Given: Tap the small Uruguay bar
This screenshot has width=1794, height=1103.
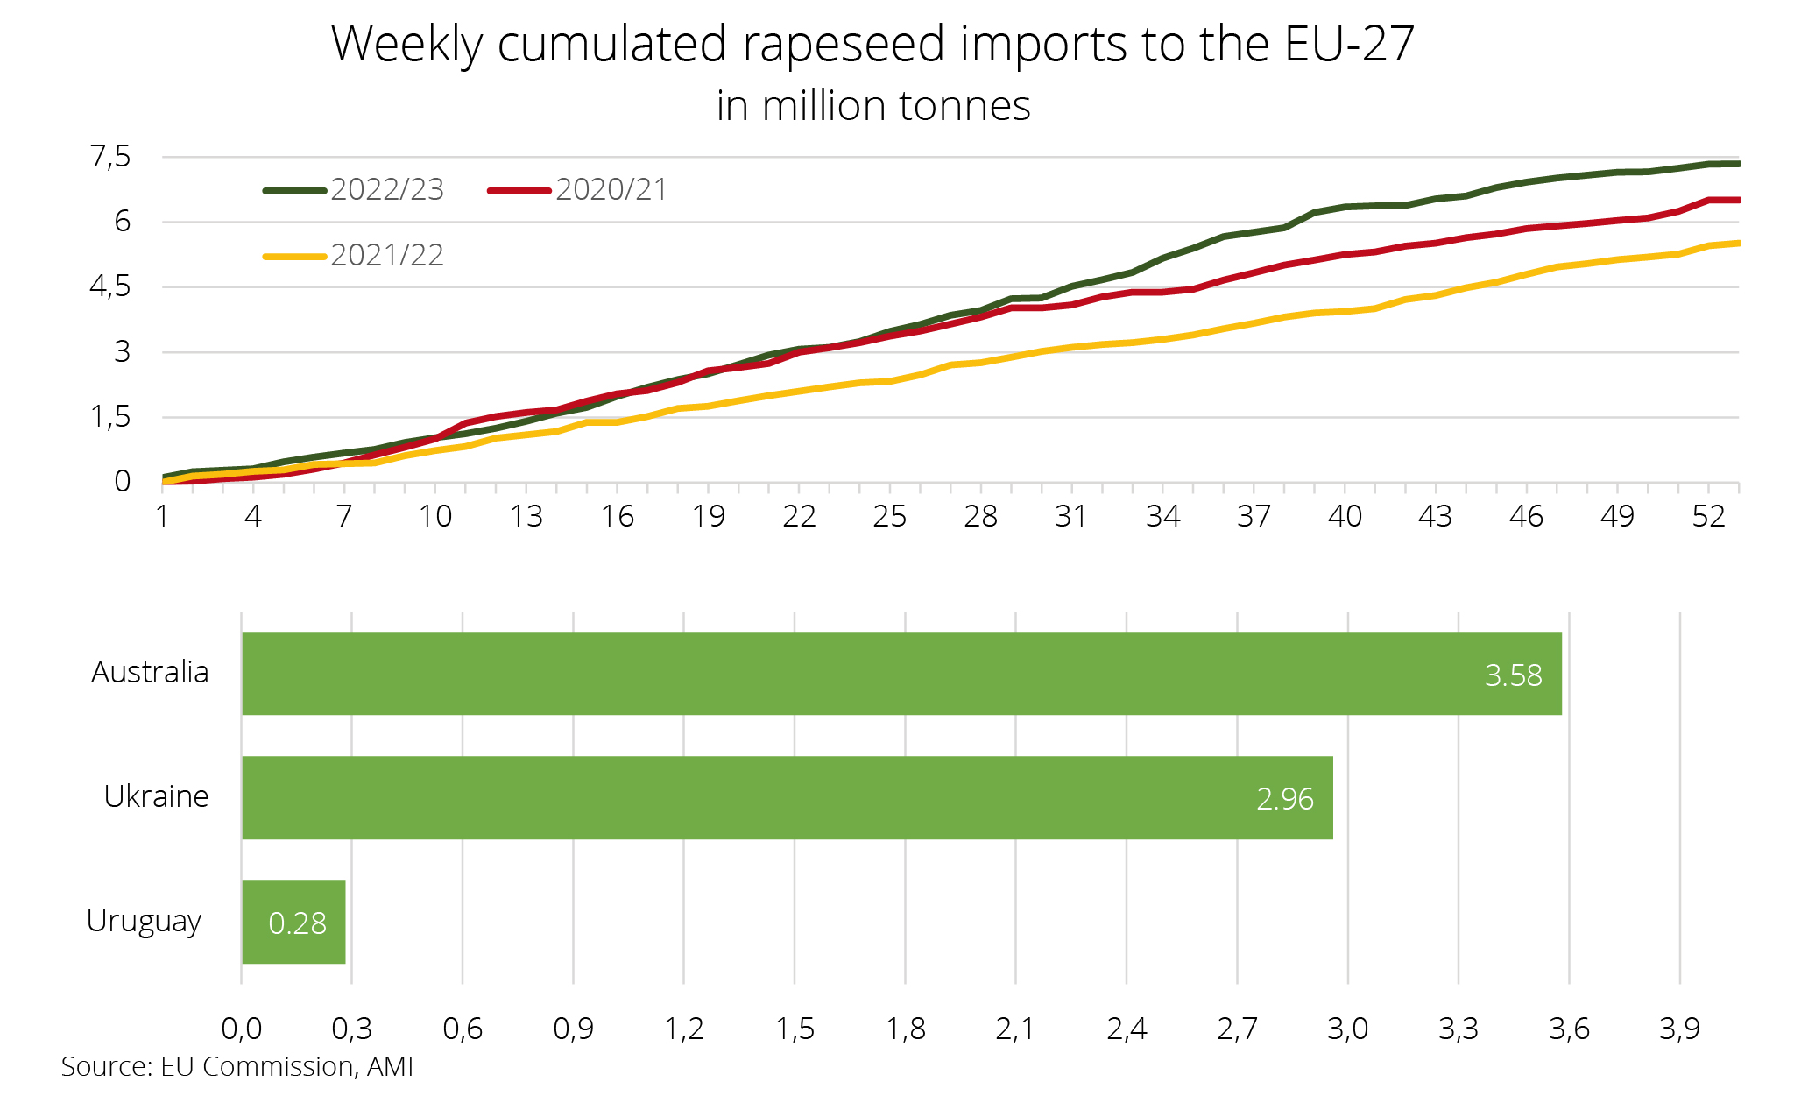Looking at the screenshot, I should [293, 922].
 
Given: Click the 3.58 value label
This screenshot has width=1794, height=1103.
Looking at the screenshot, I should [1513, 675].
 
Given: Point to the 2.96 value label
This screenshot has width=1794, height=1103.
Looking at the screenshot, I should [1284, 799].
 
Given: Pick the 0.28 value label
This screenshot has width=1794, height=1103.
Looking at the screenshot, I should [297, 923].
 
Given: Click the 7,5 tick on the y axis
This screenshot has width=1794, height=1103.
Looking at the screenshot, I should [110, 158].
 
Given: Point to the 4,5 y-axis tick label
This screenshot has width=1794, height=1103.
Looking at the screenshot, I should [110, 287].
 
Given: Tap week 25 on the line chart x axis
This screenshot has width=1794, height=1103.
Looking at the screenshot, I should [890, 517].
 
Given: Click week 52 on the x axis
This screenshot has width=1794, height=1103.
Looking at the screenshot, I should [1708, 517].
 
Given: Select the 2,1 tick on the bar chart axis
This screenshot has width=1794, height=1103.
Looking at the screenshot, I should [1015, 1029].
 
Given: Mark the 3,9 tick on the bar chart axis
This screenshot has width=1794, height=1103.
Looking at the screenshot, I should [1679, 1029].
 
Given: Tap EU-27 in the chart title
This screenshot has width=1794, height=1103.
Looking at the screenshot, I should [1349, 44].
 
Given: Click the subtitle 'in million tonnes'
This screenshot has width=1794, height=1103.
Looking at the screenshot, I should [873, 106].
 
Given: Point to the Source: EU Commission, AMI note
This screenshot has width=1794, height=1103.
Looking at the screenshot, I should [237, 1066].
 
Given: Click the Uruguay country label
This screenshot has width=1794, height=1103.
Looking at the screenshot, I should [145, 922].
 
